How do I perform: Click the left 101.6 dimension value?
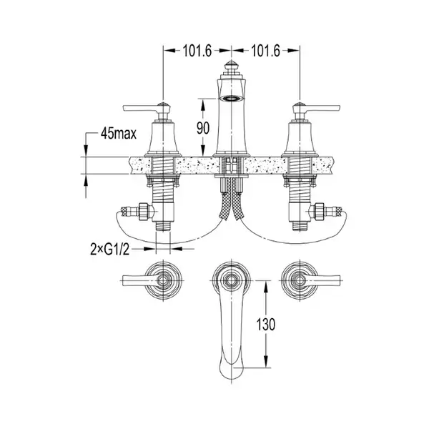click(197, 51)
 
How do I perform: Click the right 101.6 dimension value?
click(265, 51)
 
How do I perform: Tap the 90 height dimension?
click(203, 128)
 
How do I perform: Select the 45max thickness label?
click(119, 134)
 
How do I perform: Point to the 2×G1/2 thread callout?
click(109, 250)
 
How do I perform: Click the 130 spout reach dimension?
click(265, 324)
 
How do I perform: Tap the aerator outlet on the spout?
click(232, 98)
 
